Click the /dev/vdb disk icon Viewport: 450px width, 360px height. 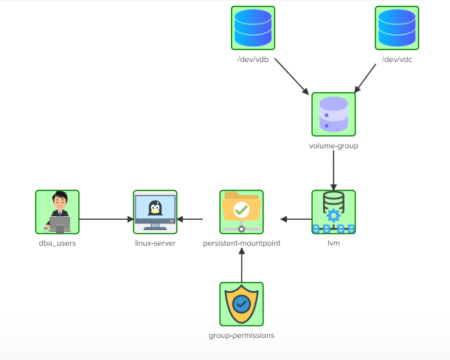pos(252,28)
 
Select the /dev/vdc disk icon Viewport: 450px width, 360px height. pos(397,28)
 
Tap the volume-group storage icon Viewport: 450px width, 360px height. pos(333,114)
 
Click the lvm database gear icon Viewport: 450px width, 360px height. pos(333,212)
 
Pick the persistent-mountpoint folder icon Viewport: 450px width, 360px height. pos(241,212)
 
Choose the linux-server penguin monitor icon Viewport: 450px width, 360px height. pos(155,212)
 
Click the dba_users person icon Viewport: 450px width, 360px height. pos(57,212)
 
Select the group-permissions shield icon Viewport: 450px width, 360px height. pos(241,304)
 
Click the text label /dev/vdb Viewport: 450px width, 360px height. pos(252,59)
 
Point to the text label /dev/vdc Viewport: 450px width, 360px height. pos(397,59)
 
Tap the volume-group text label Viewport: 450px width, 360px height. pos(333,145)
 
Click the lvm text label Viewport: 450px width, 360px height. pos(333,243)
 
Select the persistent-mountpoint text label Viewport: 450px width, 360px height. pos(241,243)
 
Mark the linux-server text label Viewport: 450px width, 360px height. pos(155,243)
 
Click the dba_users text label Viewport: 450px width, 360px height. pos(57,243)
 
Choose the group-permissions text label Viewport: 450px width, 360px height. pos(241,335)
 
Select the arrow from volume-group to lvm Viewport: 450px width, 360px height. pos(333,172)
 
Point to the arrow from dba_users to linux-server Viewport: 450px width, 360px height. pos(106,219)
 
